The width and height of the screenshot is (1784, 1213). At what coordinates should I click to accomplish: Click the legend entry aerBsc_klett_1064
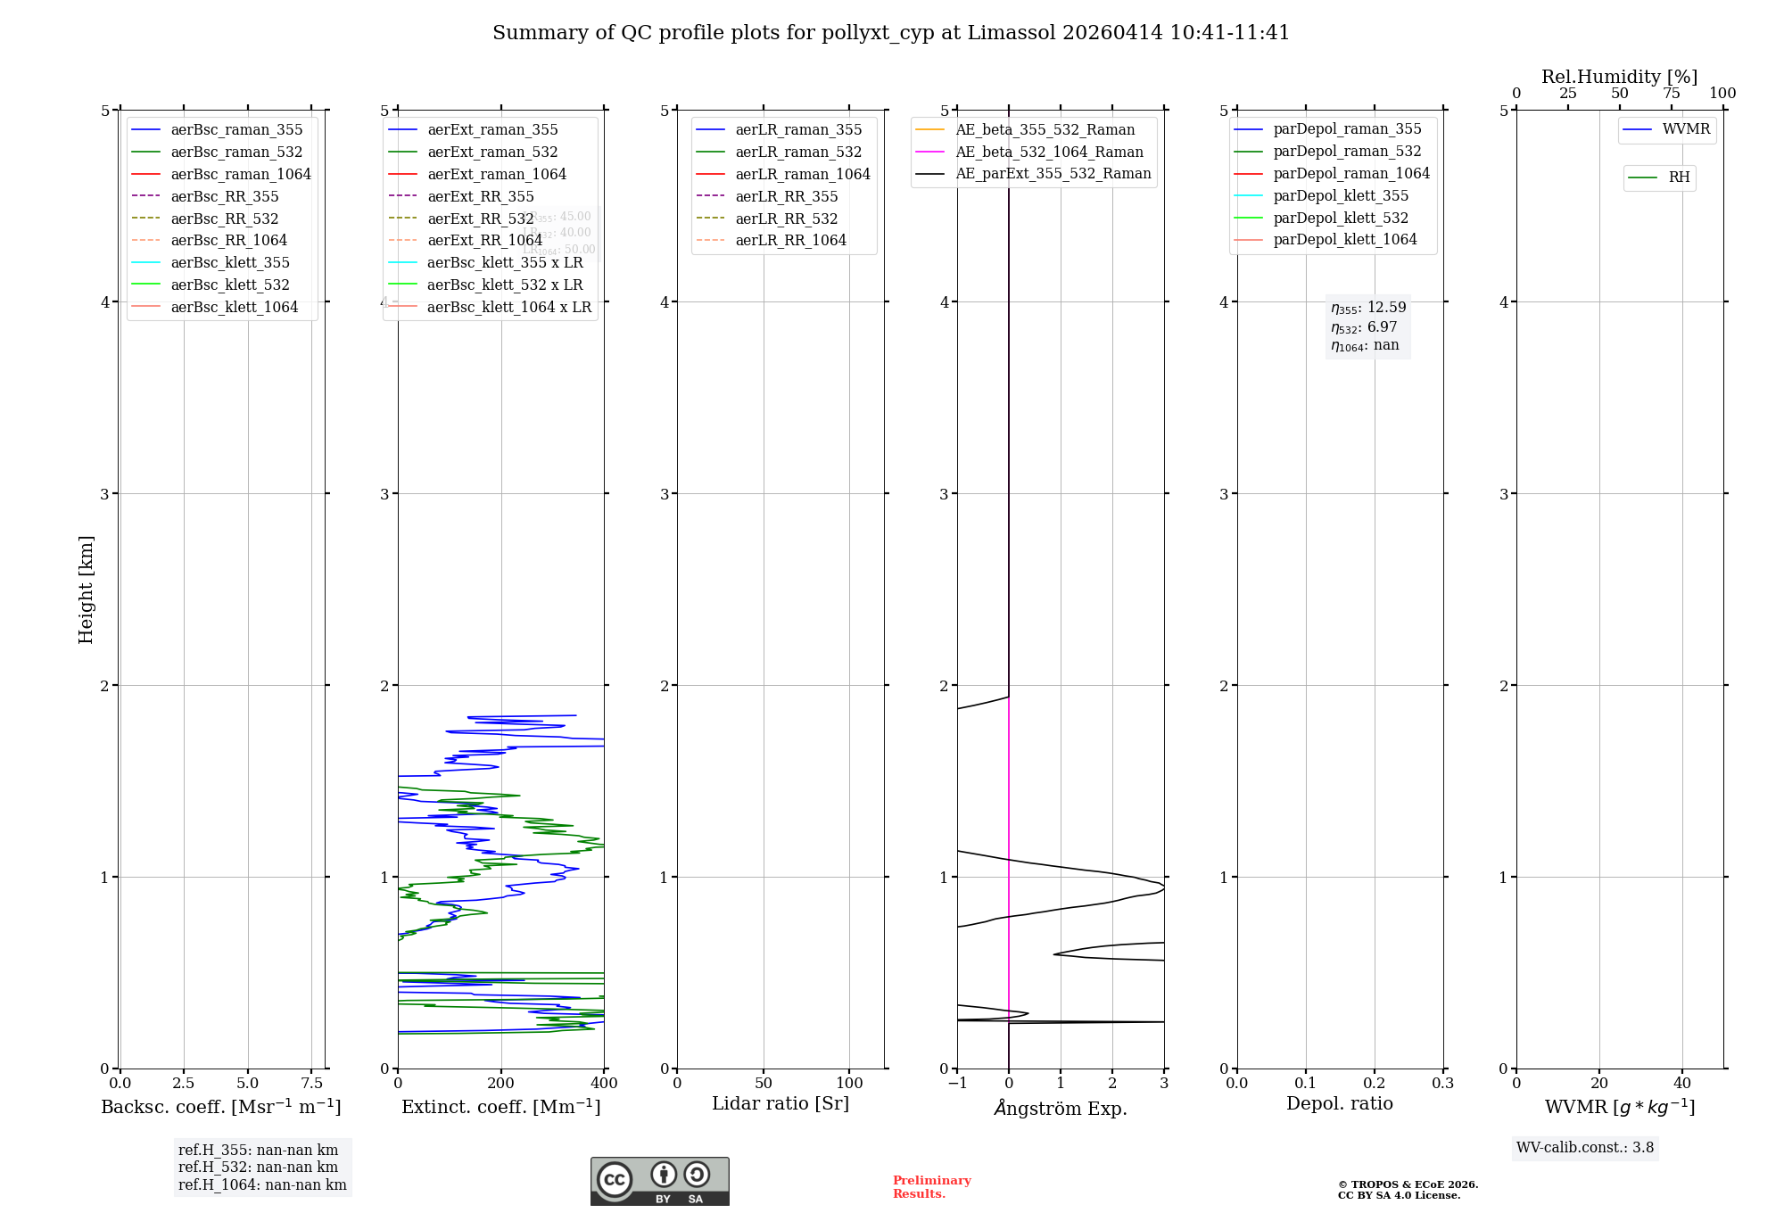(x=234, y=307)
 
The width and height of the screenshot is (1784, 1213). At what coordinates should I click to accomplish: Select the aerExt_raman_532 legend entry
(x=492, y=152)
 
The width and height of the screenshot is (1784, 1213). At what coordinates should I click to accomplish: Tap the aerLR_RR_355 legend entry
(x=786, y=196)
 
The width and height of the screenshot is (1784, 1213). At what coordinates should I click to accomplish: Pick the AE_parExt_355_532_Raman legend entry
(x=1053, y=173)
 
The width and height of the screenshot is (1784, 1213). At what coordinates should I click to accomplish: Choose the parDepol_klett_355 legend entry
(x=1341, y=195)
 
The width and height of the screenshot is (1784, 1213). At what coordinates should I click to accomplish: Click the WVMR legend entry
(x=1686, y=129)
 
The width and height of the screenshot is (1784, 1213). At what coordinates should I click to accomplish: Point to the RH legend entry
(x=1679, y=177)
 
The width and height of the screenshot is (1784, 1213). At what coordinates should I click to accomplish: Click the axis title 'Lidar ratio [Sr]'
(x=780, y=1103)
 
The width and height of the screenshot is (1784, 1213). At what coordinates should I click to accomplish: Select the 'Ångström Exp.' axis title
(x=1061, y=1108)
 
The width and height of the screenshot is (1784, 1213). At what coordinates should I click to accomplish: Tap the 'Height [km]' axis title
(x=86, y=590)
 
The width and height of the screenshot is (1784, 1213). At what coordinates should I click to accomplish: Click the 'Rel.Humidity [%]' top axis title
(x=1619, y=77)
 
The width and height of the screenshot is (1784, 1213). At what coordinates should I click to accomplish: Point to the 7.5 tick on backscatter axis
(x=311, y=1083)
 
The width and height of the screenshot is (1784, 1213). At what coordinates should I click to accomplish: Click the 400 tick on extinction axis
(x=604, y=1083)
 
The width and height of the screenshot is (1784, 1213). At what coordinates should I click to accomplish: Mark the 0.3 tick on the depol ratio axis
(x=1442, y=1083)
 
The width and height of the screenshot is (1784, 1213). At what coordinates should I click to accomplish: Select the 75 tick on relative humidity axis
(x=1671, y=94)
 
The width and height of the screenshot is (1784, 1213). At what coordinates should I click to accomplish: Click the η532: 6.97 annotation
(x=1364, y=327)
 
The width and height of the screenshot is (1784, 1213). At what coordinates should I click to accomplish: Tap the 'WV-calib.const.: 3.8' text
(x=1585, y=1147)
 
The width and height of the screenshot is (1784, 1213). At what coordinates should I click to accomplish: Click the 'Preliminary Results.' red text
(x=931, y=1186)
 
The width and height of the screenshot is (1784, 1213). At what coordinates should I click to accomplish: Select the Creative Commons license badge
(x=659, y=1182)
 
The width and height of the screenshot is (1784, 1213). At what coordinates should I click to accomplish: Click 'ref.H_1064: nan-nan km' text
(x=262, y=1184)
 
